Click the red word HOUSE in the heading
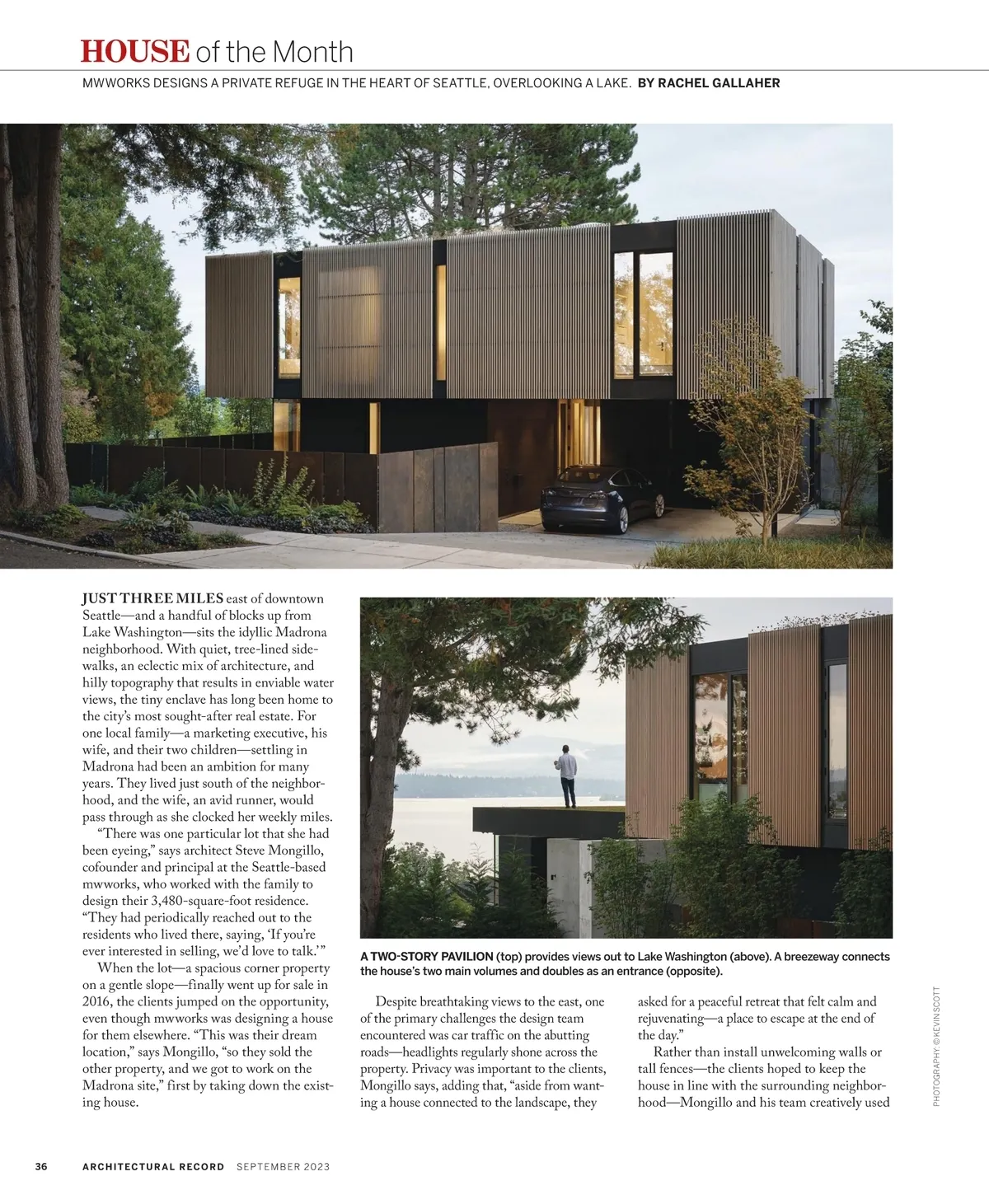134,51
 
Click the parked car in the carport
602,499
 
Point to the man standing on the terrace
567,776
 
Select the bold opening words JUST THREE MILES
152,598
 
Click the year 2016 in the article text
97,1001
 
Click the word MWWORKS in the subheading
116,83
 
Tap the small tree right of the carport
762,429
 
